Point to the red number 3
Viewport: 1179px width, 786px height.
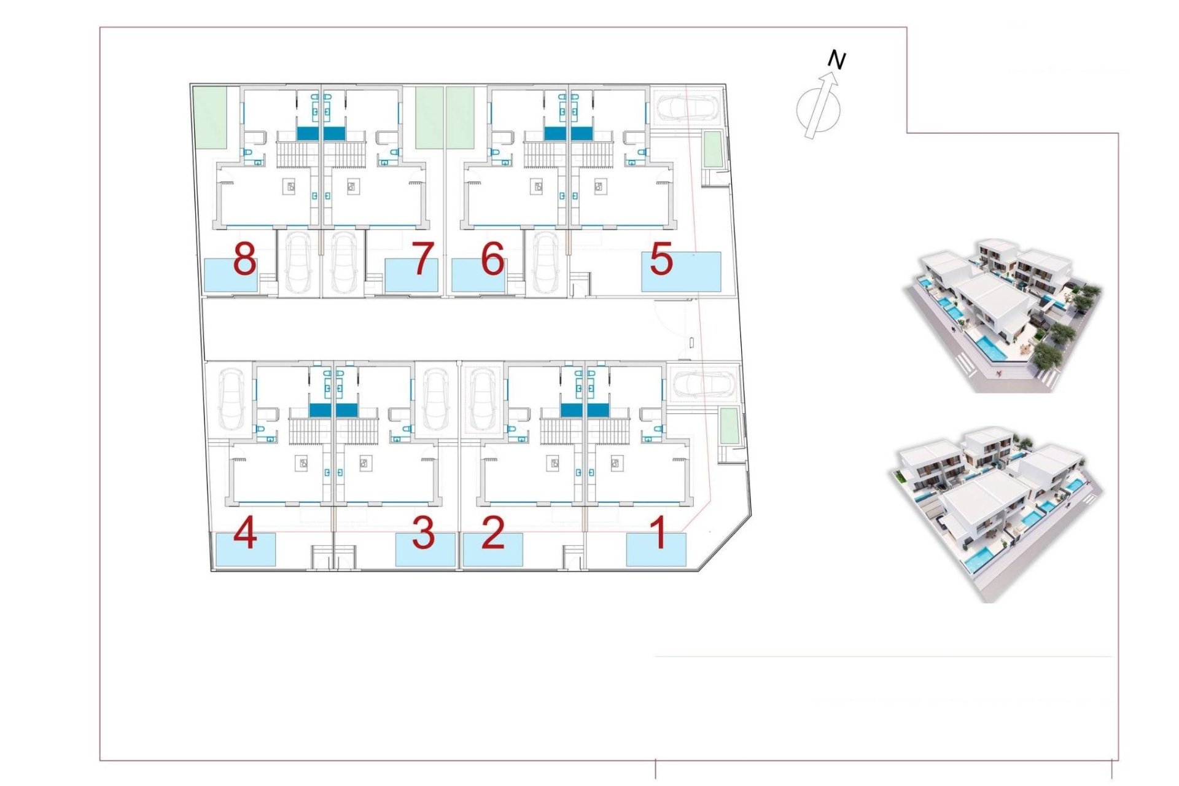tap(423, 532)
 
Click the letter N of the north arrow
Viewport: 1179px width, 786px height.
tap(836, 60)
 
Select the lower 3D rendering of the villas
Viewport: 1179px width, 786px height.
tap(995, 513)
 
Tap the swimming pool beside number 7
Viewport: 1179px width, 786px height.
tap(411, 276)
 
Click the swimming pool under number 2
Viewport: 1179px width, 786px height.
tap(492, 550)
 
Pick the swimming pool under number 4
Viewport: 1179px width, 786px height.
tap(245, 550)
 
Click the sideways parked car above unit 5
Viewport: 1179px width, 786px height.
tap(688, 108)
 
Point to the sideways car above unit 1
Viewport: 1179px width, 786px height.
tap(704, 384)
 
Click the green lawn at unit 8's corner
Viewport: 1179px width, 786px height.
tap(210, 117)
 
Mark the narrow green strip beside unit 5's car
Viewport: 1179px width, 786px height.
tap(712, 149)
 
